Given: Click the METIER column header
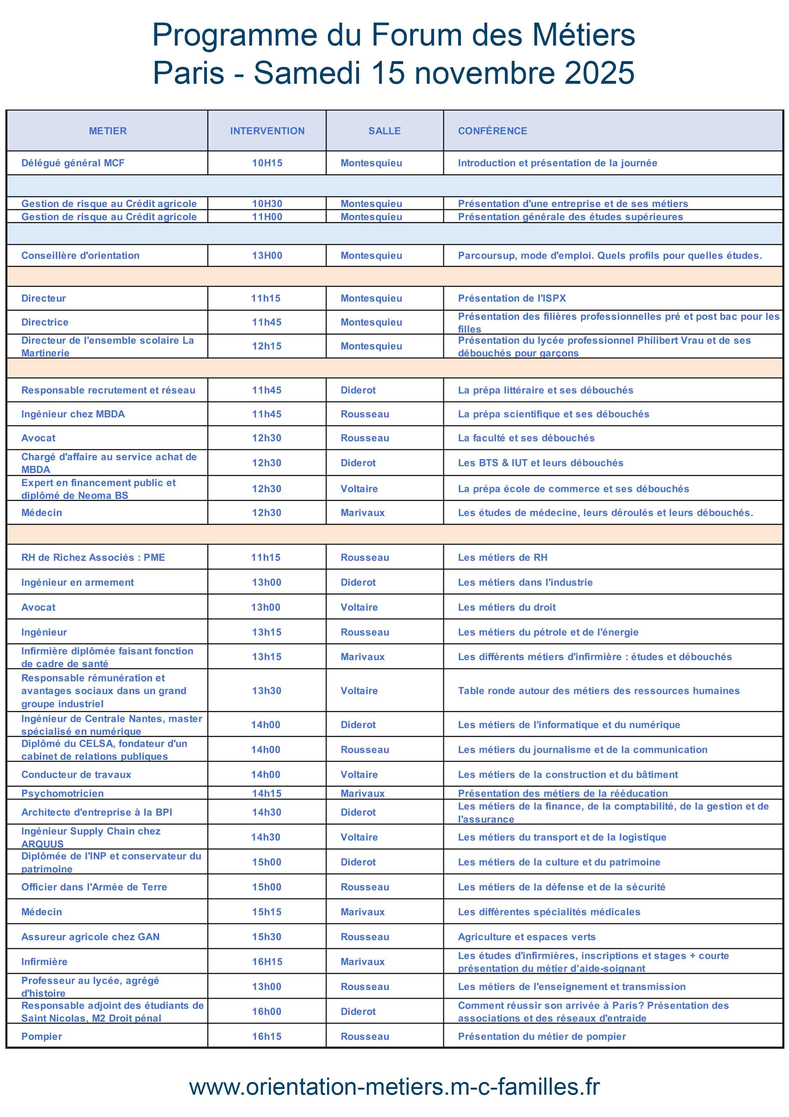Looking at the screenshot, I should click(x=108, y=131).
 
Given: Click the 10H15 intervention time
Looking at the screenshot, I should click(x=267, y=163).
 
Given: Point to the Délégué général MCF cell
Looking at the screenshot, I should click(x=73, y=163).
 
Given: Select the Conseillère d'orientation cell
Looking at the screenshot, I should click(x=80, y=255).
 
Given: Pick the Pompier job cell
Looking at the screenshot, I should click(x=42, y=1036).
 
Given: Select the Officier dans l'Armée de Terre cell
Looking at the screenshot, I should click(x=94, y=887).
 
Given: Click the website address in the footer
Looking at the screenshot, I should click(x=394, y=1087).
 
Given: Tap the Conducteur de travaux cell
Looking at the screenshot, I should click(x=76, y=774).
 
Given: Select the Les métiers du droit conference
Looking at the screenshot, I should click(x=506, y=607).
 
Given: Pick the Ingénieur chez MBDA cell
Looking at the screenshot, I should click(x=73, y=414).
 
